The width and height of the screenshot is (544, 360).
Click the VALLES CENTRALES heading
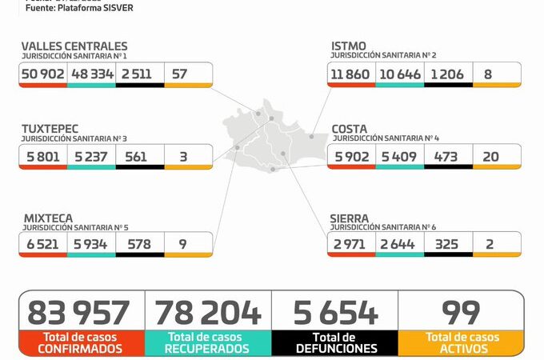[74, 46]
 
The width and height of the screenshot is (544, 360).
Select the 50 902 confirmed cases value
[43, 74]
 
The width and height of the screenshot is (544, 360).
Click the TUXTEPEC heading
[54, 128]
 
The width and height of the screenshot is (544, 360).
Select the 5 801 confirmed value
[43, 156]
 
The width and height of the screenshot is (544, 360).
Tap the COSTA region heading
[350, 128]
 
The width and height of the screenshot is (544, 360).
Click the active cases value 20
[496, 156]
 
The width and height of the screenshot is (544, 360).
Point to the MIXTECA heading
[47, 218]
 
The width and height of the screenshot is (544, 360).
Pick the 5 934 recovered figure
[91, 243]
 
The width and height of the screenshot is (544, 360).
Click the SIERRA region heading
[350, 218]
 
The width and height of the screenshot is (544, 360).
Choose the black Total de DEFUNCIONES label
[334, 343]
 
